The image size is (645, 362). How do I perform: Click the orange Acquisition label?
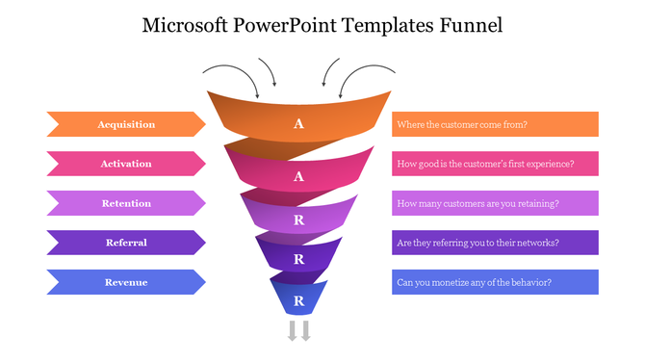126,124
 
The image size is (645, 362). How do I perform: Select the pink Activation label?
126,164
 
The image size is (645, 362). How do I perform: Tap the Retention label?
126,203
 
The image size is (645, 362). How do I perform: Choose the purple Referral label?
126,243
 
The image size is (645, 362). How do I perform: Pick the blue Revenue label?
126,282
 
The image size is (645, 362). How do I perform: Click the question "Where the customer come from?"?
495,124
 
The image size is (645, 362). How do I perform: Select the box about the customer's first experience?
495,164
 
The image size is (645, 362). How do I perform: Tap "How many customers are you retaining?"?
495,203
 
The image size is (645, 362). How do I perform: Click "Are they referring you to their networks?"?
495,243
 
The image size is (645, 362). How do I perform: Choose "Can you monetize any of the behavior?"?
495,282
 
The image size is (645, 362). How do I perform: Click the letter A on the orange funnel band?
298,124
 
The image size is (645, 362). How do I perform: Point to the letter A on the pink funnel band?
298,176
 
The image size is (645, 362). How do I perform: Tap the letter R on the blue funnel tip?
298,301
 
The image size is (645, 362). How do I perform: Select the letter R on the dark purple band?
298,260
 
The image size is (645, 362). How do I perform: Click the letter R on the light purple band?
298,219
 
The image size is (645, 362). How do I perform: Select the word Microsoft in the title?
185,25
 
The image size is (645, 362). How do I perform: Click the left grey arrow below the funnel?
292,332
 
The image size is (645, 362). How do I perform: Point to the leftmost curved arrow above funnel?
231,77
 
